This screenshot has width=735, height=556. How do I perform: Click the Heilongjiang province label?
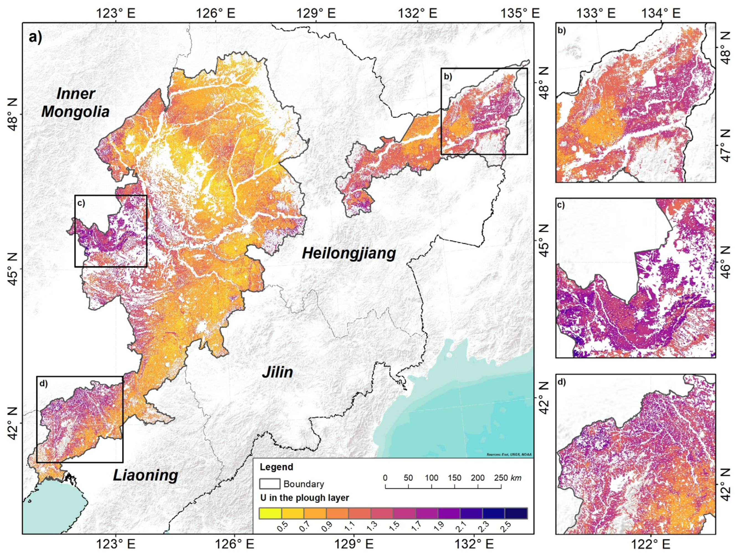coord(349,254)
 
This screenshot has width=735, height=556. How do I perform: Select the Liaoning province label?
coord(145,475)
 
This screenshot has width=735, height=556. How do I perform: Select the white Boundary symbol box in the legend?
coord(270,484)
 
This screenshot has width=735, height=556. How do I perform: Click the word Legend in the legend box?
coord(276,467)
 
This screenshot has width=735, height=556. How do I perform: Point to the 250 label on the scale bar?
coord(500,478)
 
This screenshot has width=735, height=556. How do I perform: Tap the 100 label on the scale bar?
coord(431,478)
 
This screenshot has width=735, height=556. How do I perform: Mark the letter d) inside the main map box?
coord(43,384)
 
